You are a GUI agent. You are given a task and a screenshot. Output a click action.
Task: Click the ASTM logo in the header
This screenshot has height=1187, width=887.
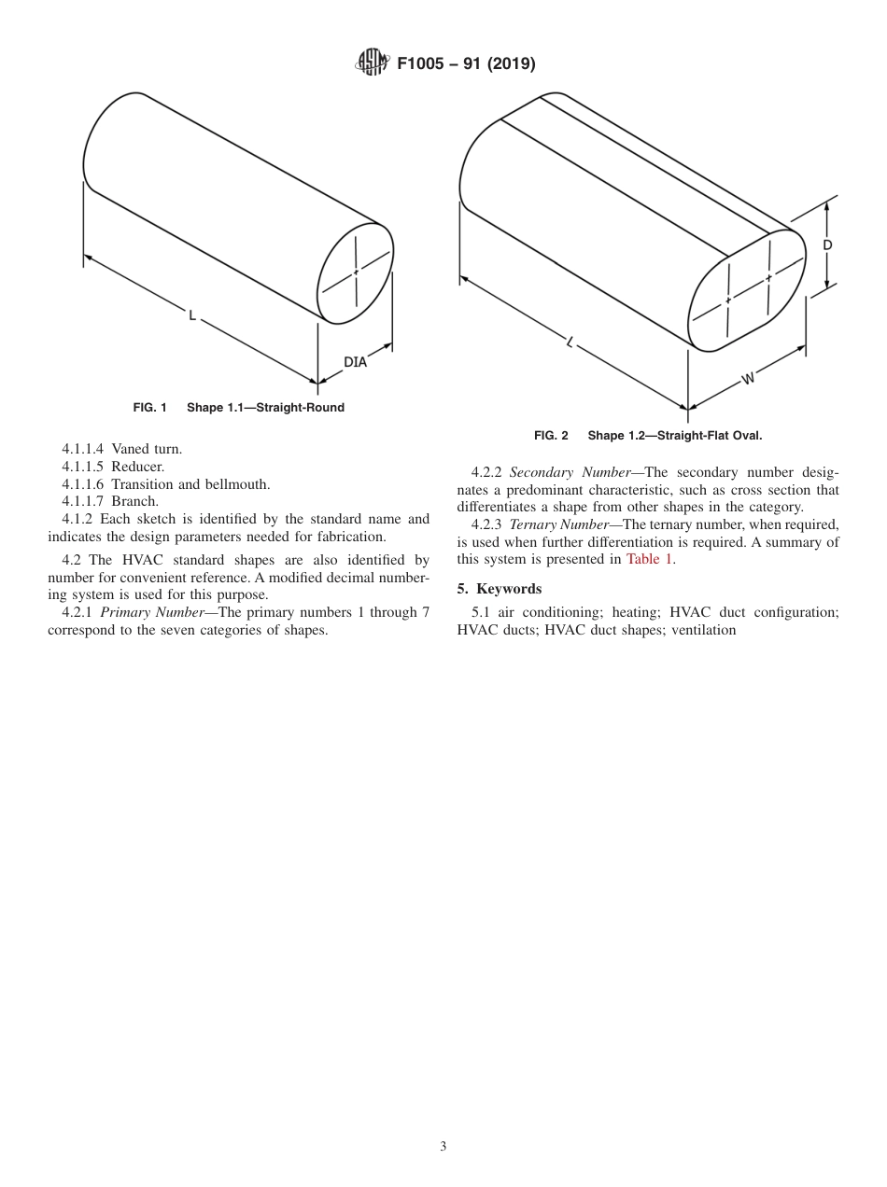tap(372, 64)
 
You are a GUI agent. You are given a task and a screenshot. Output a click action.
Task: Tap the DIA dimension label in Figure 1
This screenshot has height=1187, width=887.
tap(356, 362)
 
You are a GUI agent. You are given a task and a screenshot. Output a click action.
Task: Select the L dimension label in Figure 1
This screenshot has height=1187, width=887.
tap(192, 316)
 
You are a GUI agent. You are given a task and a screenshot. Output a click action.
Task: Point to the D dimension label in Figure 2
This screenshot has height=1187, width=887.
tap(827, 245)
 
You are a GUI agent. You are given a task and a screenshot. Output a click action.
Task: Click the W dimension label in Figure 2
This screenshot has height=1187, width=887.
tap(748, 378)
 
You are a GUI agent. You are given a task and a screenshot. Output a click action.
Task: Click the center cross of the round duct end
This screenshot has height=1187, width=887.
tap(356, 272)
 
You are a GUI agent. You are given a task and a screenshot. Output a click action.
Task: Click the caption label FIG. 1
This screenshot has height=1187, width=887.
tap(149, 408)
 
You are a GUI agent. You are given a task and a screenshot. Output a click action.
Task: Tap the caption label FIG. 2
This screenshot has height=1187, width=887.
tap(551, 436)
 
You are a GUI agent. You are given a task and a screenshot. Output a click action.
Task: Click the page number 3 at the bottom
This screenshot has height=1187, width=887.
tap(443, 1147)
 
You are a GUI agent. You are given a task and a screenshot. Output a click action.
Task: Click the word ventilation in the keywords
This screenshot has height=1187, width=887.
tap(703, 630)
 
